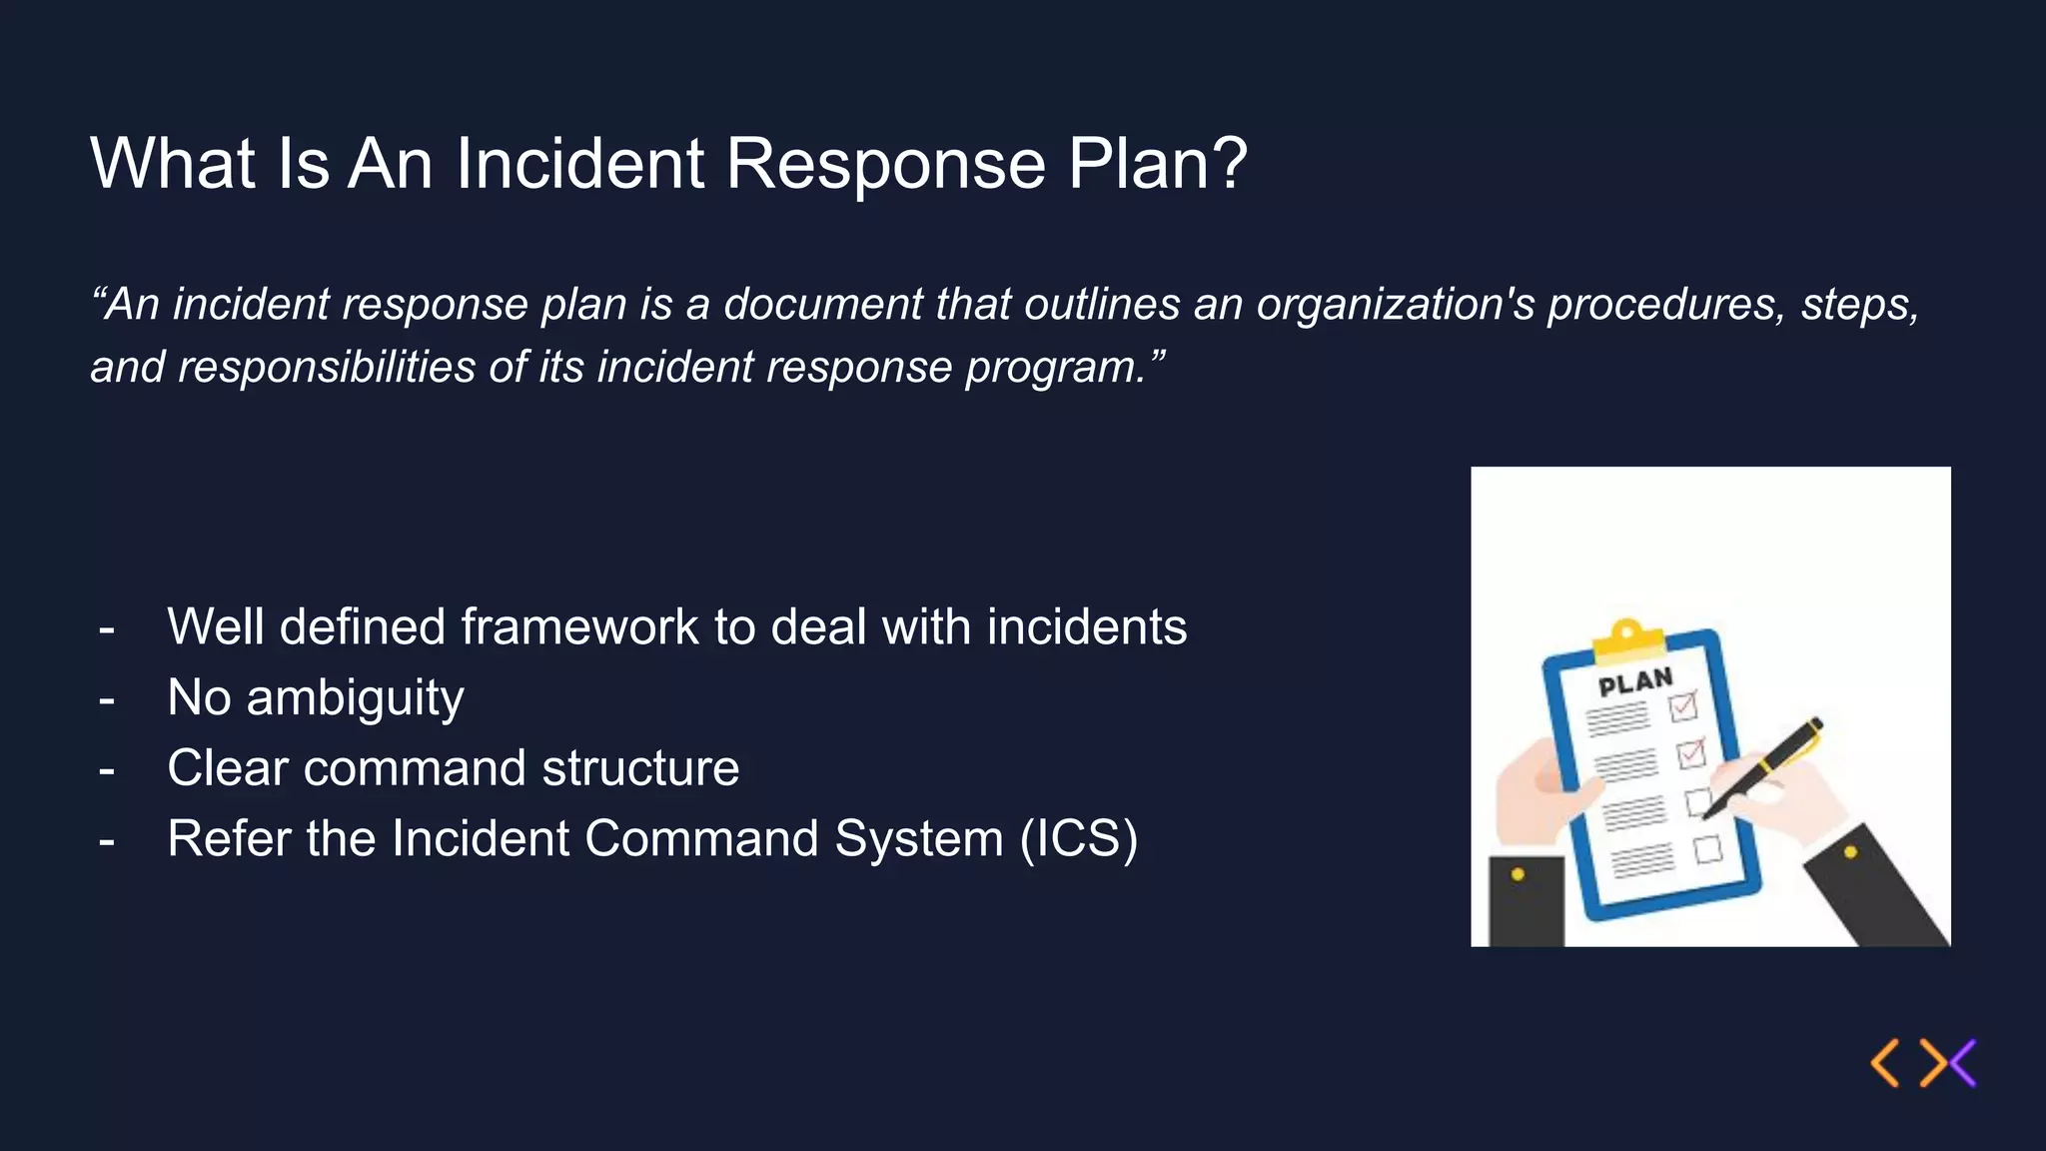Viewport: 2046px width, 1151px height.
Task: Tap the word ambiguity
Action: click(x=355, y=698)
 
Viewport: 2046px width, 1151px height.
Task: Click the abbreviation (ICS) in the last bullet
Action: click(x=1078, y=838)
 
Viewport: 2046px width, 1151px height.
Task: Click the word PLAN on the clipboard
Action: click(x=1635, y=683)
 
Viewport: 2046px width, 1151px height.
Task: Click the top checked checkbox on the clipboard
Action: click(x=1683, y=707)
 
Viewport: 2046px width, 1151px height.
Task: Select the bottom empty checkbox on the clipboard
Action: click(x=1708, y=850)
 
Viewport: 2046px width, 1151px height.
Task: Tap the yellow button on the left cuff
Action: click(x=1518, y=874)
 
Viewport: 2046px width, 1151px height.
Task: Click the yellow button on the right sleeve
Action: click(x=1850, y=852)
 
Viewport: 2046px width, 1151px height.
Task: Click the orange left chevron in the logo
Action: click(x=1884, y=1062)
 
